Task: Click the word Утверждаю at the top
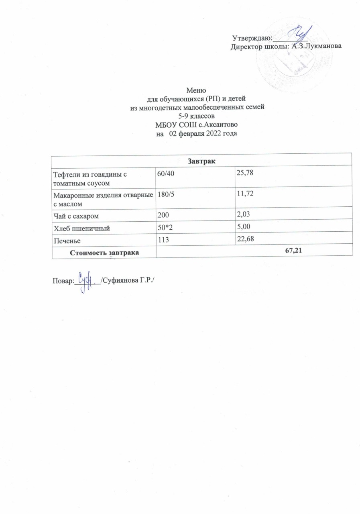pyautogui.click(x=252, y=39)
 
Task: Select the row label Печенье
pyautogui.click(x=67, y=241)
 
